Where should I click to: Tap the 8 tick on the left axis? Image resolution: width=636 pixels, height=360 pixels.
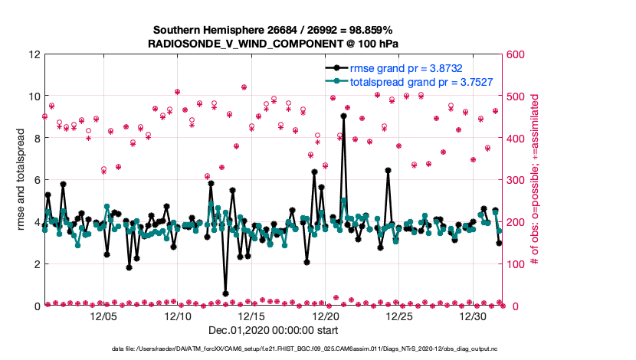pos(37,139)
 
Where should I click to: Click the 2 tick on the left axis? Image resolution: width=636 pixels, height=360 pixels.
pos(37,264)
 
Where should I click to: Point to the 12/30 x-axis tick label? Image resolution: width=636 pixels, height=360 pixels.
pos(474,316)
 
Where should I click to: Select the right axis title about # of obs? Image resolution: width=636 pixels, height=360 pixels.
pos(534,180)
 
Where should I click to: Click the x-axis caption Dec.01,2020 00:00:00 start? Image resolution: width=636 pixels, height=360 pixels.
pos(273,331)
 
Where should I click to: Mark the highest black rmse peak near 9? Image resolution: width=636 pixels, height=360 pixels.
pos(344,116)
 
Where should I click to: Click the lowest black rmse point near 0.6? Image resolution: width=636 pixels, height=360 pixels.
pos(225,293)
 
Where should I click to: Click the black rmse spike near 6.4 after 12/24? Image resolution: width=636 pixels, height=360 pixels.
pos(388,170)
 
